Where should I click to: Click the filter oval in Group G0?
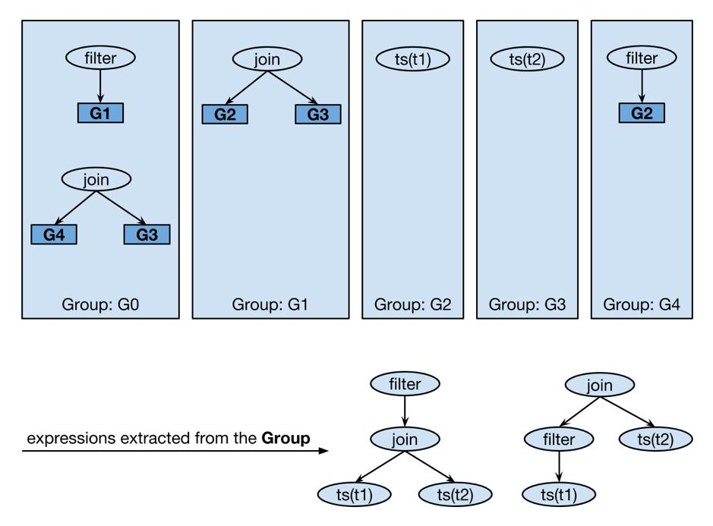(100, 58)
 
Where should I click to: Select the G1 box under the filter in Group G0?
(100, 113)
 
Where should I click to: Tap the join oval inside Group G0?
(96, 179)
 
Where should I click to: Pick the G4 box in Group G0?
(54, 235)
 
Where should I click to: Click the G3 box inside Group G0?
(147, 235)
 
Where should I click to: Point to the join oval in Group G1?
(267, 59)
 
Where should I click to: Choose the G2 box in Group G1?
(225, 114)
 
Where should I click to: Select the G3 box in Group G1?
(318, 114)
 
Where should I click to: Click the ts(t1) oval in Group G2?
(413, 59)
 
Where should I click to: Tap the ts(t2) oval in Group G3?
(528, 59)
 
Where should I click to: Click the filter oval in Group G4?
(642, 58)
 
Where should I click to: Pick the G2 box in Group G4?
(642, 113)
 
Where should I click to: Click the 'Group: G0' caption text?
(100, 304)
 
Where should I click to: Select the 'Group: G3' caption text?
(528, 304)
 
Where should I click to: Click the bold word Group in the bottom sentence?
(286, 438)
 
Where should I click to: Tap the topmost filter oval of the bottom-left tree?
(405, 384)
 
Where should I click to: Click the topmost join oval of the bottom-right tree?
(600, 386)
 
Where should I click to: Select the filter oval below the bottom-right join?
(559, 439)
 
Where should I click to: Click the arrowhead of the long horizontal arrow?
(323, 451)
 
